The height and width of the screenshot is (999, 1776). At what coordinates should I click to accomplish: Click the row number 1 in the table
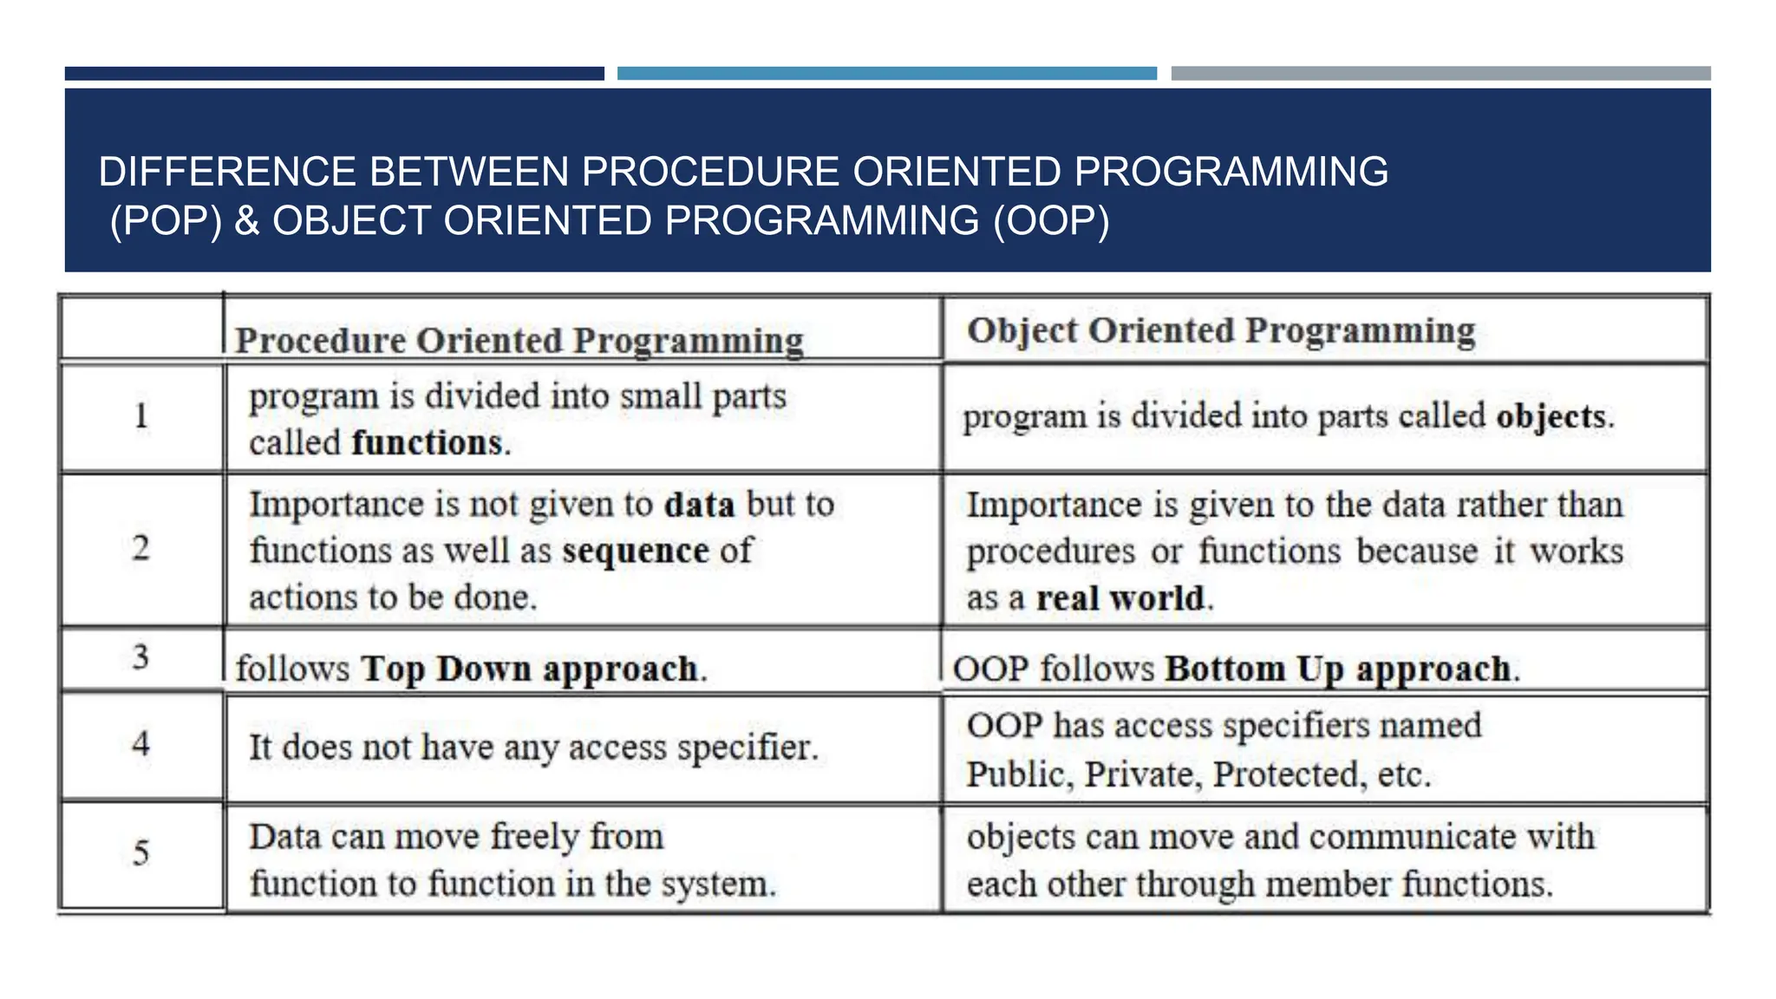tap(141, 416)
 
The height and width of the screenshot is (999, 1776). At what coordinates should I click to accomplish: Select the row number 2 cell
tap(141, 548)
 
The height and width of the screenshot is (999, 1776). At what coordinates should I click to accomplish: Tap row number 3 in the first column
tap(140, 657)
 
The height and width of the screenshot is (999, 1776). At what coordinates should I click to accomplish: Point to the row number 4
tap(140, 744)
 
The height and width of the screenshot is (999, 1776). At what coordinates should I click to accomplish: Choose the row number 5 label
tap(140, 853)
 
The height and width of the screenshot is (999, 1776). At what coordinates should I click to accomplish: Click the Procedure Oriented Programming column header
tap(519, 340)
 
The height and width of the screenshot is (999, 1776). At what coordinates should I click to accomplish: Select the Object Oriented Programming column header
tap(1221, 330)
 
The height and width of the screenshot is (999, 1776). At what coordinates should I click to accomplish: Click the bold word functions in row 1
tap(427, 443)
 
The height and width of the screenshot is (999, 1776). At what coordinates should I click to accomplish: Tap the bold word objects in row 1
tap(1551, 416)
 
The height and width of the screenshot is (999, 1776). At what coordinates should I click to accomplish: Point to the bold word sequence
tap(636, 552)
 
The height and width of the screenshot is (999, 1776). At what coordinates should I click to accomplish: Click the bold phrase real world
tap(1120, 598)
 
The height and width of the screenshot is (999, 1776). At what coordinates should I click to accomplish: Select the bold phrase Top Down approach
tap(529, 669)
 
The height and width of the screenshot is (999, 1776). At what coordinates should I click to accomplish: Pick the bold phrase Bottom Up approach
tap(1337, 669)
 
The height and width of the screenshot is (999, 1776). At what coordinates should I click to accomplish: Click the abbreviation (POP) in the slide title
tap(166, 221)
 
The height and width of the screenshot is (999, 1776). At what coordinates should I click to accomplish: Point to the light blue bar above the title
tap(886, 74)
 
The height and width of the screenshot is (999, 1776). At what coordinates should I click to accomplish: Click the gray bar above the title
tap(1440, 74)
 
